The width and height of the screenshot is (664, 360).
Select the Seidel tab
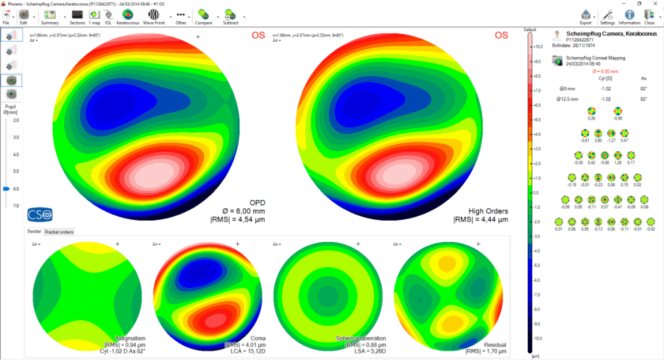pos(34,232)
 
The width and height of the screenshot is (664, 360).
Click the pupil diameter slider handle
pos(6,189)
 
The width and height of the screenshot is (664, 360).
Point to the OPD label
pos(257,202)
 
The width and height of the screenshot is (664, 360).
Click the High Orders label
pos(488,211)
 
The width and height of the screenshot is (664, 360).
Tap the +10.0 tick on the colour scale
pos(537,47)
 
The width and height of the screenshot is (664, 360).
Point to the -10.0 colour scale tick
pos(537,339)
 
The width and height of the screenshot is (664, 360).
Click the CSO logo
pos(39,214)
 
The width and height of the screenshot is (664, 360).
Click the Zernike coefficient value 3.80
pos(599,140)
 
